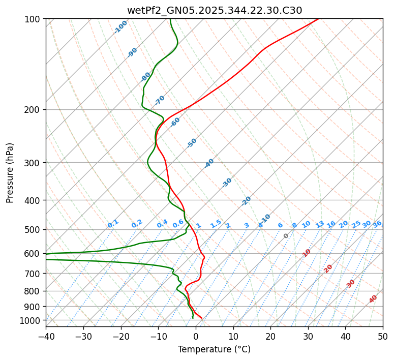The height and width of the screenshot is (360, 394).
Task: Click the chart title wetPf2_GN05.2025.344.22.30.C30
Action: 214,10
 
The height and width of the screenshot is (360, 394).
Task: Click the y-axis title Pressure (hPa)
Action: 10,173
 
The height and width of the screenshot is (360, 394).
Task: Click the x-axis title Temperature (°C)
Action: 214,349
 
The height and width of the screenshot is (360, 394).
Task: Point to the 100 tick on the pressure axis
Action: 34,19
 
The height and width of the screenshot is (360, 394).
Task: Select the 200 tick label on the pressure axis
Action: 34,109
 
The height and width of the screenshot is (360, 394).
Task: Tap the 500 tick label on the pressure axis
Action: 34,229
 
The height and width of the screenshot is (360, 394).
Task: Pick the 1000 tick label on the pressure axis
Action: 32,320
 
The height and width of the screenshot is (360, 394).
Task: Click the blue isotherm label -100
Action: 121,27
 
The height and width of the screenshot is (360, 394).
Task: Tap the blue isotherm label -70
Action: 160,100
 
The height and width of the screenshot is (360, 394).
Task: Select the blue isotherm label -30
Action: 227,183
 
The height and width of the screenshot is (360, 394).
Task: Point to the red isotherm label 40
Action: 373,299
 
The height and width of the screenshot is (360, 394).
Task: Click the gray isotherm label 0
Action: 286,236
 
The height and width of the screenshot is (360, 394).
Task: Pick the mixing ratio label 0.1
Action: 113,223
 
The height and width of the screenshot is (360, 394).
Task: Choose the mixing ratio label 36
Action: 377,224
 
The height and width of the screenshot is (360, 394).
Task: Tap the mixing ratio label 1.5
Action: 216,223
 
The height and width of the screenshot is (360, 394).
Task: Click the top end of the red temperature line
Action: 319,19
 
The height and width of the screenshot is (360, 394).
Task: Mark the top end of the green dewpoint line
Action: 170,19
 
